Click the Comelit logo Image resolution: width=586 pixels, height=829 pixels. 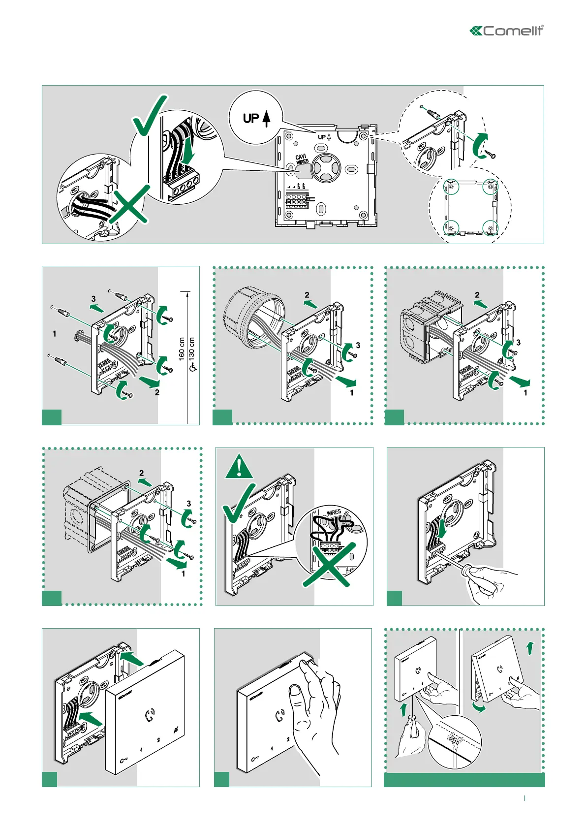507,31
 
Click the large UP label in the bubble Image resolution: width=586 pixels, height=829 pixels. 251,118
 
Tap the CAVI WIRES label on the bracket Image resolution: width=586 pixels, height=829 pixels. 302,159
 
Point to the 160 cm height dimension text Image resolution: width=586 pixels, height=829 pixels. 182,349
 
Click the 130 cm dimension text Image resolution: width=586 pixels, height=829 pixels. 192,348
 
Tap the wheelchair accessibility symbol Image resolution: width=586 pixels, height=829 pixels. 192,367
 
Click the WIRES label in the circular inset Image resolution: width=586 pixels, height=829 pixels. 334,512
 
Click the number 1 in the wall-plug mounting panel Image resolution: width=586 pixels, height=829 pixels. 54,334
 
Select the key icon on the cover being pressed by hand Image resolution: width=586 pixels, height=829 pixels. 255,759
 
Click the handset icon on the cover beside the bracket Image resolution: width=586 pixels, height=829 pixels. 150,714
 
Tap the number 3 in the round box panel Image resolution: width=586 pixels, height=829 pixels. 358,345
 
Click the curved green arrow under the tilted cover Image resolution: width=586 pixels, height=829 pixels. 479,707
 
